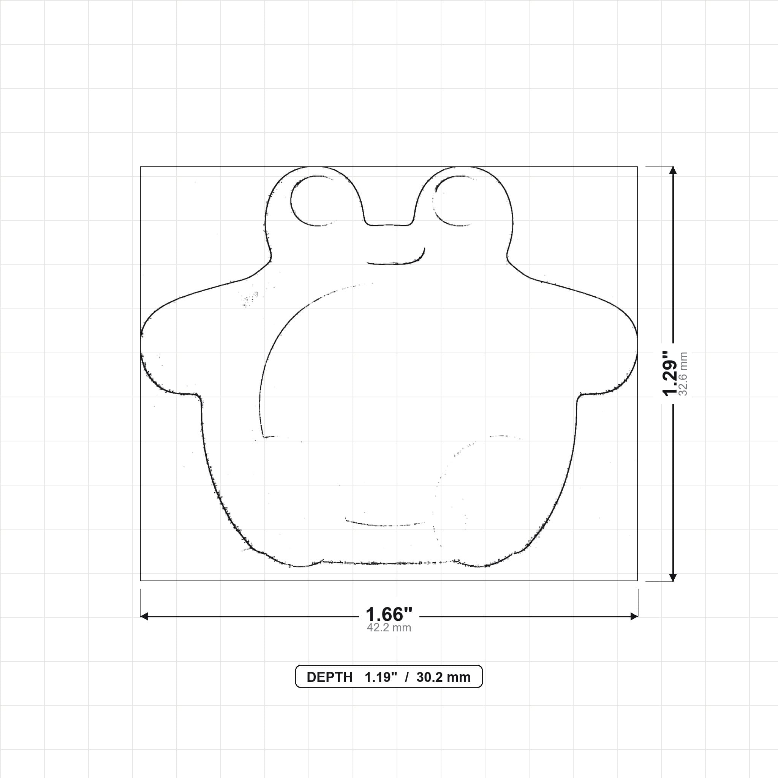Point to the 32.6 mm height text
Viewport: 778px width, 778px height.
tap(683, 374)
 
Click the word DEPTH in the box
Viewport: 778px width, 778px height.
tap(329, 677)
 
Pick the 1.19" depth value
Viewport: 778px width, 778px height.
tap(381, 677)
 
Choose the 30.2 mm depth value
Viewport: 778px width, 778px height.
tap(443, 677)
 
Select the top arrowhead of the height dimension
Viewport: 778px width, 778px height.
tap(672, 170)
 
